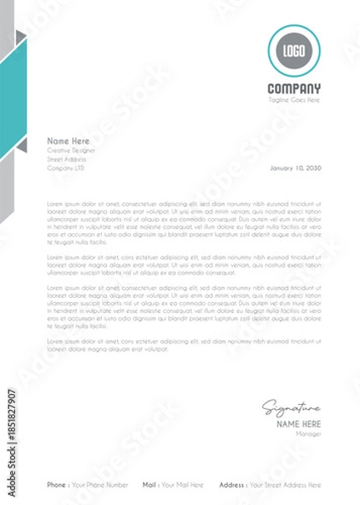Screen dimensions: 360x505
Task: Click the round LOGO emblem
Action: tap(294, 51)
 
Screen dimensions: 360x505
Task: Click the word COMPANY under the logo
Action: tap(294, 89)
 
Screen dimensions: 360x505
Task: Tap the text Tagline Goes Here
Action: tap(294, 99)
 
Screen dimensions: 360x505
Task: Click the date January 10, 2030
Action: tap(295, 167)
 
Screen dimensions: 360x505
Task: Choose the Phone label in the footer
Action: tap(56, 485)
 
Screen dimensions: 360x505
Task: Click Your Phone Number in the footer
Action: tap(100, 485)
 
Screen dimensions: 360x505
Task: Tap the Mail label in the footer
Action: tap(149, 485)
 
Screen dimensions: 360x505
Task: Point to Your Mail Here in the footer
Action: tap(183, 485)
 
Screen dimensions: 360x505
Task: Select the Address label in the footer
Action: tap(232, 485)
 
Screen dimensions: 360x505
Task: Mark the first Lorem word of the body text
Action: tap(55, 204)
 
